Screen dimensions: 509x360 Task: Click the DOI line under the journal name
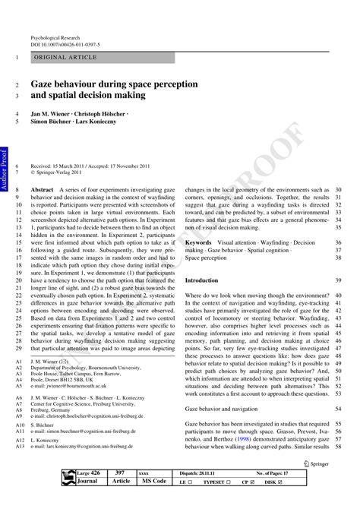click(65, 44)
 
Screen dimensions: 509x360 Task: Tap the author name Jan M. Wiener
click(53, 114)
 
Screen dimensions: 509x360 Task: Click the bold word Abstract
click(42, 190)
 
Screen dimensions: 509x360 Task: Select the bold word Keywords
click(199, 242)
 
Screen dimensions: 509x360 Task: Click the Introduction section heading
click(201, 280)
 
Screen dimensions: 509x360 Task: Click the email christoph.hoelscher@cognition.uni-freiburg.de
click(98, 416)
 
